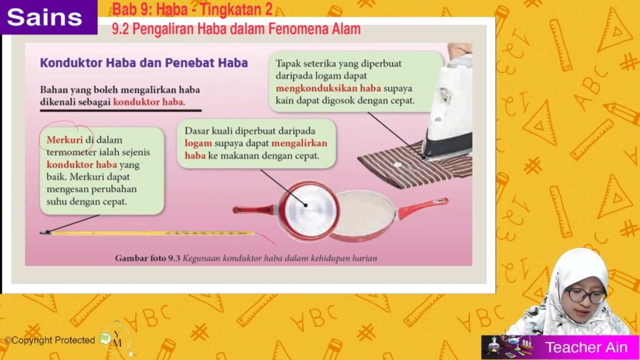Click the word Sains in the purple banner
point(44,17)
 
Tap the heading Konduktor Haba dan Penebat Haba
point(144,63)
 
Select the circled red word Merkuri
point(64,139)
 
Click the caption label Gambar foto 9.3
point(147,258)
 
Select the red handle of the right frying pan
point(423,207)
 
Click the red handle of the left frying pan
point(255,210)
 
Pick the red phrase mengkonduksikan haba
point(328,88)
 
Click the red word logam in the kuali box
point(198,143)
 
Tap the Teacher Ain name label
point(586,347)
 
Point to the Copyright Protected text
point(50,340)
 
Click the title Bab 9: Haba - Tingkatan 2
point(192,9)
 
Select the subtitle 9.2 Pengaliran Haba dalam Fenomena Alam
point(236,29)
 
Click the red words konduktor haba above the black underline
point(149,102)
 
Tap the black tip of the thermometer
point(45,232)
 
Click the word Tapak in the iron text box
point(287,64)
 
